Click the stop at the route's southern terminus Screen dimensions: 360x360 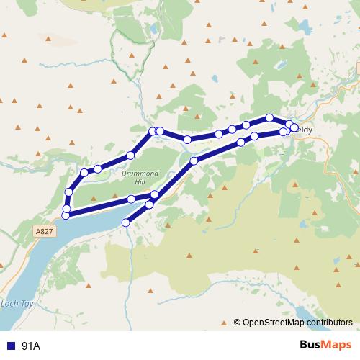[x=126, y=222]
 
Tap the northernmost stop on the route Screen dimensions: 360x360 [x=269, y=117]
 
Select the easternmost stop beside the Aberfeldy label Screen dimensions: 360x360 [x=294, y=128]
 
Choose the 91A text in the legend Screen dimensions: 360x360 [x=31, y=346]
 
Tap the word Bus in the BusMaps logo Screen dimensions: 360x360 [x=312, y=345]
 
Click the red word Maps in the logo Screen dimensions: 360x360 [x=338, y=345]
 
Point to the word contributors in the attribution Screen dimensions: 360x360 [x=330, y=323]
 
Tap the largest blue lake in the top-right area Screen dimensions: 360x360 [x=305, y=27]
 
